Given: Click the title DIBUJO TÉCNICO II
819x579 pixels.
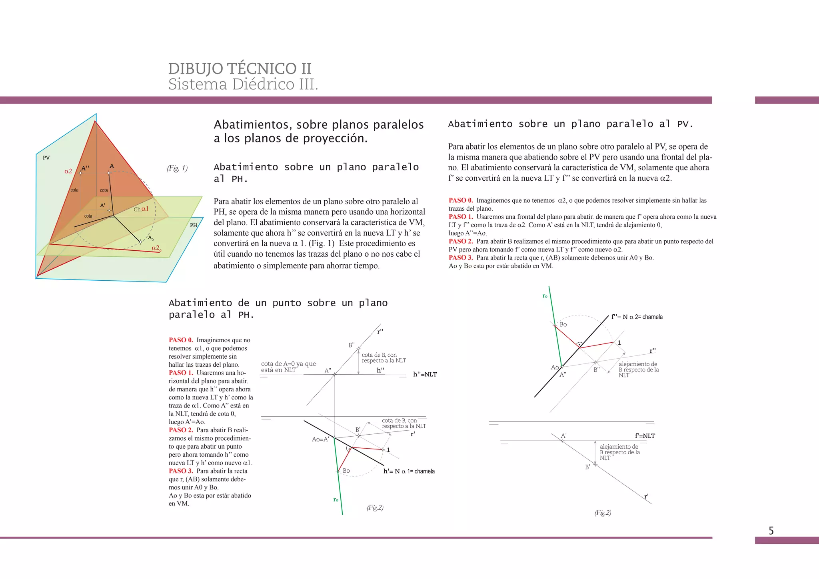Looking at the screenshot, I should (x=240, y=69).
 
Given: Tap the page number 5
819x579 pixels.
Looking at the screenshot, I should (x=771, y=531).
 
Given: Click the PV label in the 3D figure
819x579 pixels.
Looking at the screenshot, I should (x=46, y=158).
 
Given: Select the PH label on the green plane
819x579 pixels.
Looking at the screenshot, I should (x=194, y=225).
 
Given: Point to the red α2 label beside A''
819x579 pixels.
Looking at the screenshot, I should (x=68, y=171).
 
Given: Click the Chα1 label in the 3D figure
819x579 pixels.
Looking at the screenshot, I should (x=141, y=209).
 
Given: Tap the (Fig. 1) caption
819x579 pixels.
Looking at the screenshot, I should (x=177, y=168).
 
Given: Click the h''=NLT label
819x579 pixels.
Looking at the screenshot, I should (x=425, y=374).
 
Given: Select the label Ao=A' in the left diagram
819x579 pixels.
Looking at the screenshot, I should (x=320, y=439).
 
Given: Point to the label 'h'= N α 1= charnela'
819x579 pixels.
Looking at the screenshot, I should (x=409, y=471).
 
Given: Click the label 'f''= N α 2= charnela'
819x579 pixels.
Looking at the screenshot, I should (x=637, y=317).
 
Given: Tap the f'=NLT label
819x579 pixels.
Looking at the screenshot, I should (x=645, y=436).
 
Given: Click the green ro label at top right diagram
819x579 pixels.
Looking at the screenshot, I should (x=545, y=296).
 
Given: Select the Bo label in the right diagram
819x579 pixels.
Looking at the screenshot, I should (x=563, y=324).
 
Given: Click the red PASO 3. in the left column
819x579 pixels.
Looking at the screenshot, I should (x=181, y=471).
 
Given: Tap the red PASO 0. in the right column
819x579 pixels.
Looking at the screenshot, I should (x=461, y=200).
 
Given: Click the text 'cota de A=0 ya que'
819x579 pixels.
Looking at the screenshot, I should (x=288, y=364).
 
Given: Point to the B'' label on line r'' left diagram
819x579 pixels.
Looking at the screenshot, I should (x=351, y=345).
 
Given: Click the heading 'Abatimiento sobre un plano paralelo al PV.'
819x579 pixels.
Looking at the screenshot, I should (x=570, y=124).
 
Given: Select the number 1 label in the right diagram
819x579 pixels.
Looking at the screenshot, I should (x=619, y=343).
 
